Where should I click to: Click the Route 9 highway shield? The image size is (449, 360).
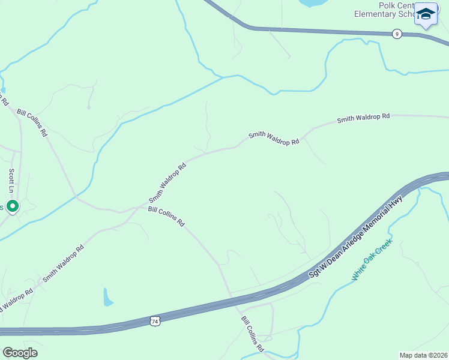point(397,34)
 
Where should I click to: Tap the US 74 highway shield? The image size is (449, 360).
point(155,321)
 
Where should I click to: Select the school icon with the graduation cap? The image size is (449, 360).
point(426,14)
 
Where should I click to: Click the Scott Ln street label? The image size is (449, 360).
point(11,180)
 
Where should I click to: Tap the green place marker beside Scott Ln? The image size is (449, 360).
point(12,206)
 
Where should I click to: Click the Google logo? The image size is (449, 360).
point(20,352)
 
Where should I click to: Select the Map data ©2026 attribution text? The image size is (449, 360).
point(423,355)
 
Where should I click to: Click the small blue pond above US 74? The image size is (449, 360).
point(107,296)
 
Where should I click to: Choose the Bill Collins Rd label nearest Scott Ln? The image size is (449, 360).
point(32,123)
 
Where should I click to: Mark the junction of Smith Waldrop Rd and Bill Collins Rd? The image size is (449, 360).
point(139,208)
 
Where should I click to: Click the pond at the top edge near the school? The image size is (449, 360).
point(311,3)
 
